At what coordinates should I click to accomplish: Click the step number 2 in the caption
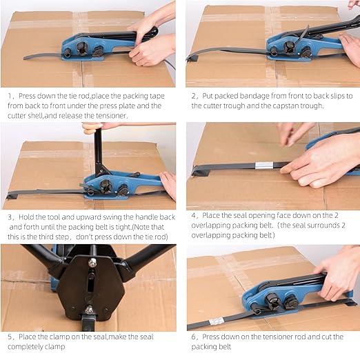point(194,96)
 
